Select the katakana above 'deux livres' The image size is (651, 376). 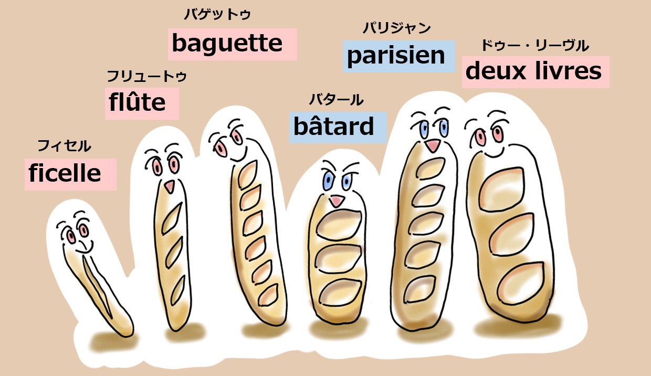click(535, 46)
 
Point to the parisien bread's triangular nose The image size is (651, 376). click(432, 145)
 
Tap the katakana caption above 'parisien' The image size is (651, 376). click(396, 28)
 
